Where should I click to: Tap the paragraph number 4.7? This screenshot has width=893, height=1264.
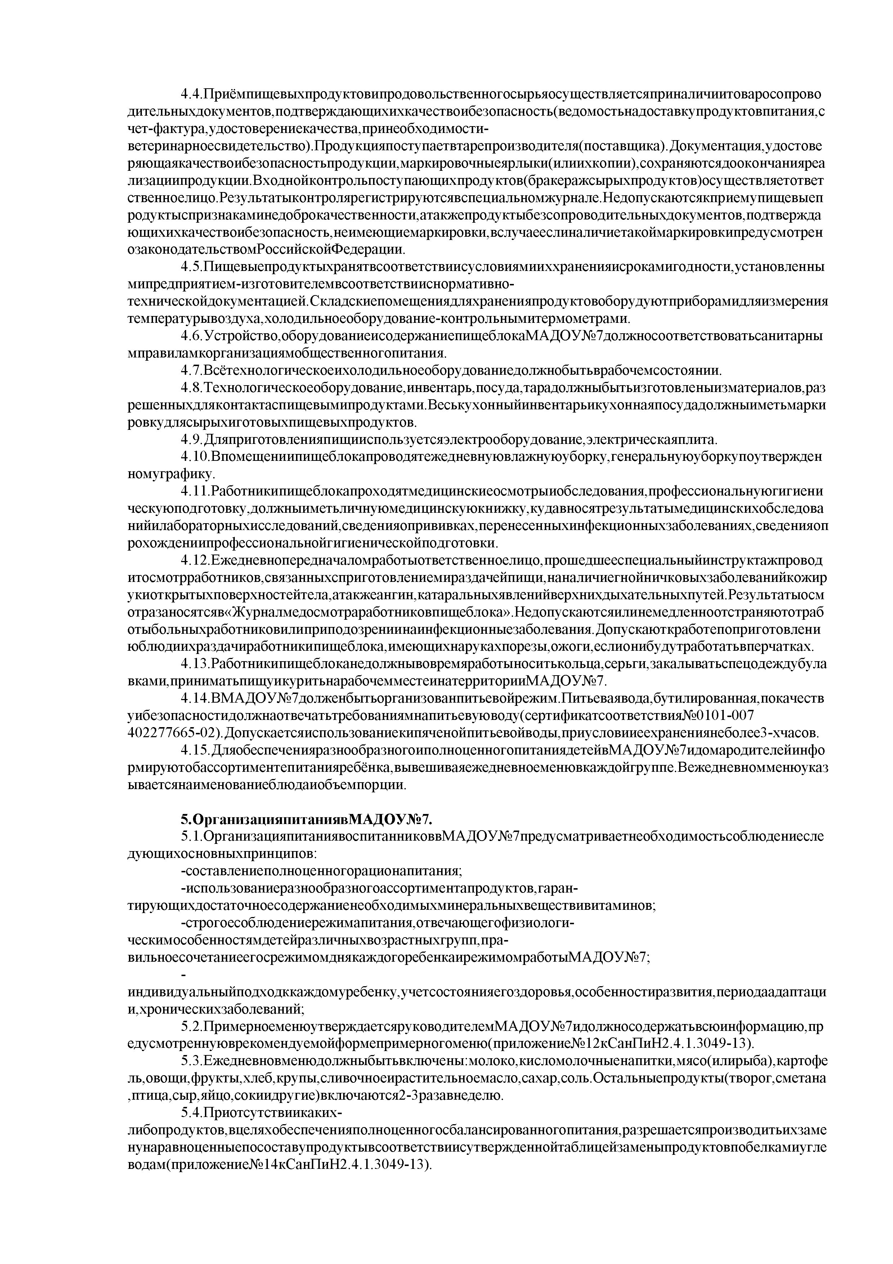[192, 370]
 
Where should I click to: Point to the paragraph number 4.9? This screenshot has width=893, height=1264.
[192, 439]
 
